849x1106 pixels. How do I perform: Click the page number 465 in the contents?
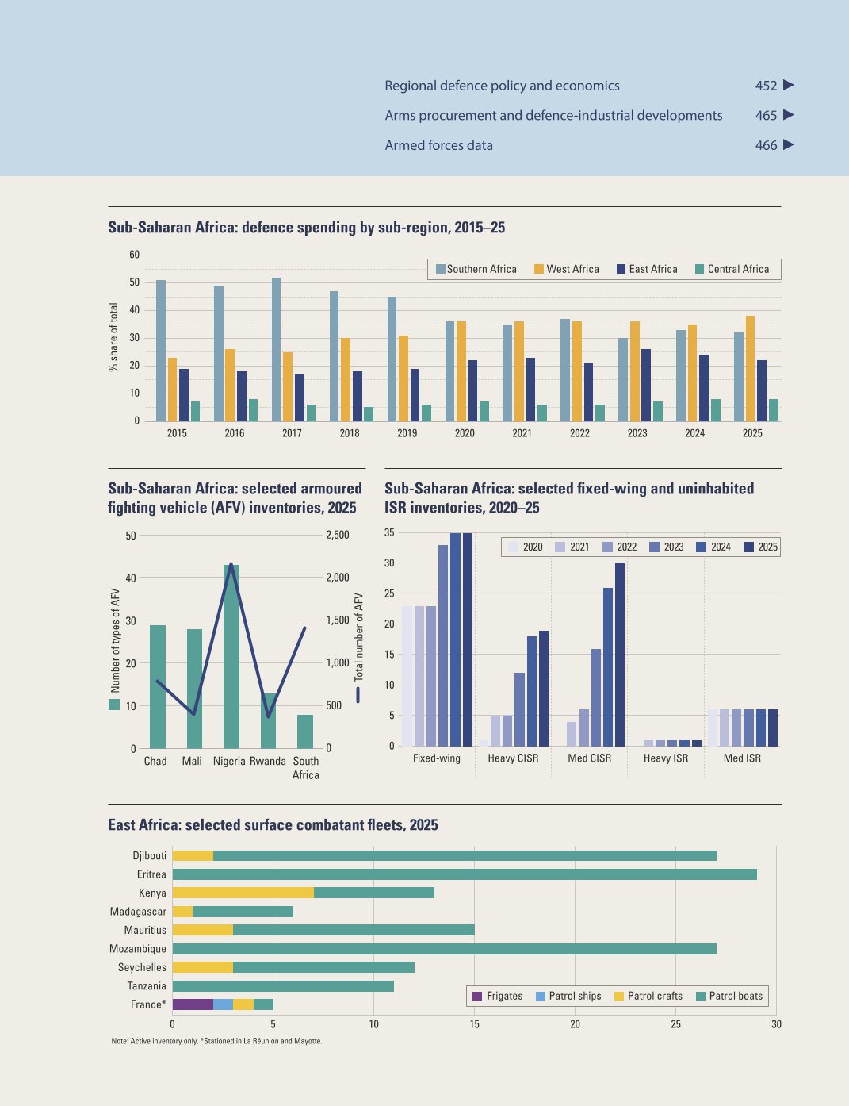766,116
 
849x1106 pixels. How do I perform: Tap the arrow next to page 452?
789,85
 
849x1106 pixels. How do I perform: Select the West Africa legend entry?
566,269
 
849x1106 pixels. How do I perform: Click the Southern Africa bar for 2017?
276,349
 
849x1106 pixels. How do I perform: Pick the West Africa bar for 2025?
750,368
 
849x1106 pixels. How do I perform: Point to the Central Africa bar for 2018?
369,414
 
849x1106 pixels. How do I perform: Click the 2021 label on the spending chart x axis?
522,433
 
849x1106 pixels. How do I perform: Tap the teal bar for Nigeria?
231,657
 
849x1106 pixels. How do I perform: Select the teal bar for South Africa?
305,732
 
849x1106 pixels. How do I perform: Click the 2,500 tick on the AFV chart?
338,535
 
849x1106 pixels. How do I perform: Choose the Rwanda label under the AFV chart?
267,761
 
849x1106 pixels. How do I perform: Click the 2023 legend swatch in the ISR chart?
654,547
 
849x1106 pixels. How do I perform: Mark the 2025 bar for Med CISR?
620,655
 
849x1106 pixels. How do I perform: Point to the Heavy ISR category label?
665,758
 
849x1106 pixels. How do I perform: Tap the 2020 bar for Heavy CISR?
484,743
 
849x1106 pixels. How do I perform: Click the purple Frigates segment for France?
193,1004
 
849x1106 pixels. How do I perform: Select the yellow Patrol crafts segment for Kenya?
243,893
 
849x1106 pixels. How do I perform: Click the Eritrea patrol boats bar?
465,874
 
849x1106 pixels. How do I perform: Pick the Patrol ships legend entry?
568,996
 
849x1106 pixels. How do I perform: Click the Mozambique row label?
138,949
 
